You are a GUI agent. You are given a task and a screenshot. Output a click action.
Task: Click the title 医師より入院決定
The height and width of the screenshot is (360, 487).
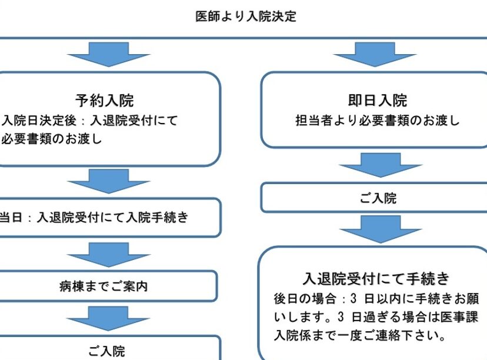246,16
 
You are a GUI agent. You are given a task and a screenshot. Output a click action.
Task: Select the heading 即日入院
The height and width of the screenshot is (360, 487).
377,101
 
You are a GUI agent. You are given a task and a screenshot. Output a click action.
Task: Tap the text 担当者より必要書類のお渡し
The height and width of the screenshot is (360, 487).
377,121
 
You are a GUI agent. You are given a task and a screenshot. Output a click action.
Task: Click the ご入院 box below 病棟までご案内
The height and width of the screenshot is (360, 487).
106,351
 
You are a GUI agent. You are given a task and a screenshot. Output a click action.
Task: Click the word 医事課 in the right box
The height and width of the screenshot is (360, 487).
459,317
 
